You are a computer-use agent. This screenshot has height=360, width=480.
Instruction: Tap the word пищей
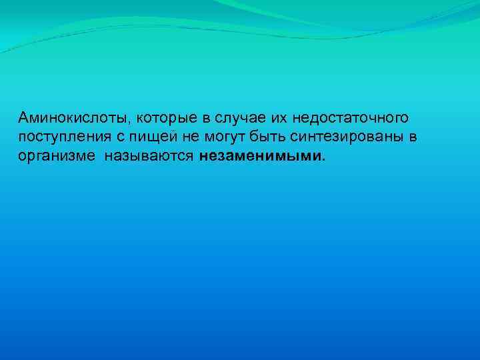point(148,139)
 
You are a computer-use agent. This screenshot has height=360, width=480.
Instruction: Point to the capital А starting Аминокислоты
point(24,118)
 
